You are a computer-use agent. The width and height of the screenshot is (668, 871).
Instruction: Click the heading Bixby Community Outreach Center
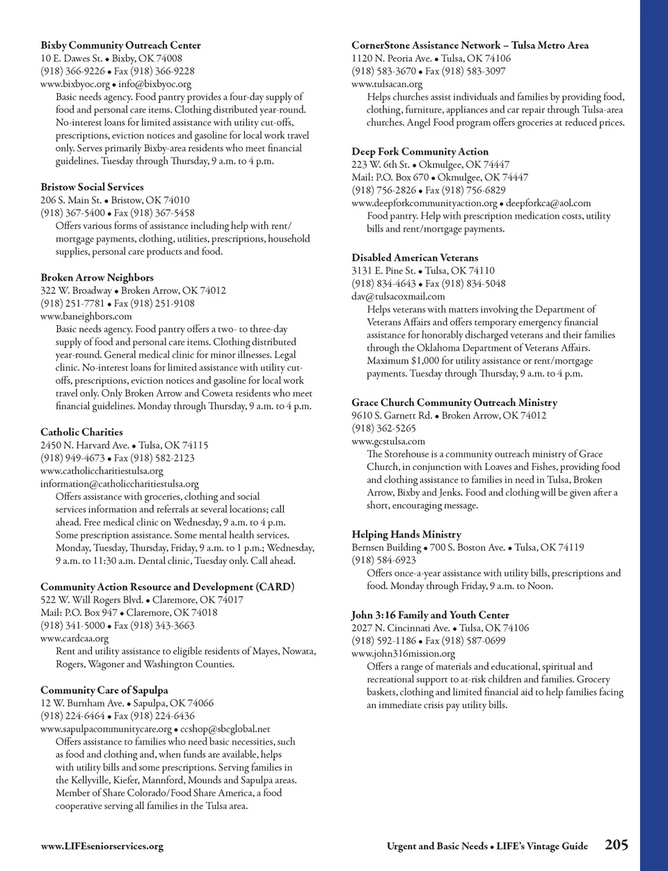pos(120,45)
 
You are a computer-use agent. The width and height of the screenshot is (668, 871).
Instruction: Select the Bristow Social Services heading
pos(92,187)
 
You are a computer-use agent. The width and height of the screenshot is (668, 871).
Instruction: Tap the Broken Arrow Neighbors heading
pos(97,277)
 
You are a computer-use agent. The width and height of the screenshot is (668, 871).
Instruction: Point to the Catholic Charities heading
pos(81,432)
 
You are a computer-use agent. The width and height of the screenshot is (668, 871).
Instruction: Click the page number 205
pos(617,845)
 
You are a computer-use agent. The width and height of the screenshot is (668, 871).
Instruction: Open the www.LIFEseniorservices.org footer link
pos(102,846)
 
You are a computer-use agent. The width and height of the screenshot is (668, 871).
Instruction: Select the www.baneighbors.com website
pos(86,316)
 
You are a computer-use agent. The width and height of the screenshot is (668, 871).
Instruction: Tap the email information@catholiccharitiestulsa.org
pos(119,484)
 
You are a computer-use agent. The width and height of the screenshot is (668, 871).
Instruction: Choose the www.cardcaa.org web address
pos(74,638)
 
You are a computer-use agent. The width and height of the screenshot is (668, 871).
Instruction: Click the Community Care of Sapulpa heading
pos(104,690)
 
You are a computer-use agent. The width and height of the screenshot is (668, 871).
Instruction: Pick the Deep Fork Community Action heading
pos(420,151)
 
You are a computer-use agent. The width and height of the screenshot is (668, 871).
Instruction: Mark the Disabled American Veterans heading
pos(415,258)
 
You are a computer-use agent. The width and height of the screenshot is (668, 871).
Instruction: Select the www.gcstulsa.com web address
pos(388,441)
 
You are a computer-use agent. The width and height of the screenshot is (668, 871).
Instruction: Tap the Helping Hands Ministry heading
pos(406,534)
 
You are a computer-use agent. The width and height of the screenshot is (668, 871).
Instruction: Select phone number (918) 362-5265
pos(383,428)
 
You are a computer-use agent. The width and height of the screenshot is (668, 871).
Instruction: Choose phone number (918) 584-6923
pos(383,560)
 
